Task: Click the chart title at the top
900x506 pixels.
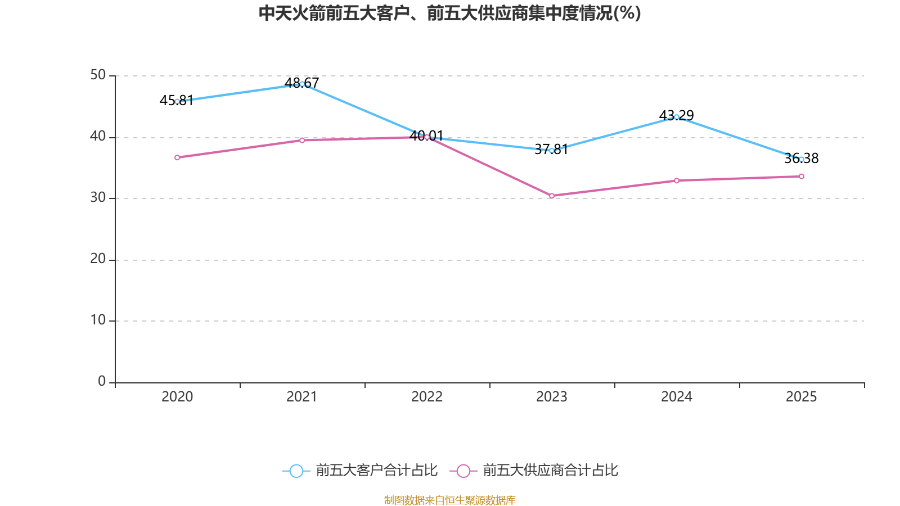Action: pos(449,13)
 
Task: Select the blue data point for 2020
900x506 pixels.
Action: pos(177,102)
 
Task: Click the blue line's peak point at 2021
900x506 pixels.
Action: pos(302,84)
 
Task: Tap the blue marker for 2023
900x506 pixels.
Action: pos(552,151)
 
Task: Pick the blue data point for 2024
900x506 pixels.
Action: pos(677,117)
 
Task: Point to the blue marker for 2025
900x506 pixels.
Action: pos(802,159)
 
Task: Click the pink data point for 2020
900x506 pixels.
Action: pos(177,157)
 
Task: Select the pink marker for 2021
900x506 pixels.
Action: pos(302,140)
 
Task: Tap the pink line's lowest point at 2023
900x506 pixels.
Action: pos(552,196)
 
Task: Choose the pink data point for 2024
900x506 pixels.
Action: pos(677,180)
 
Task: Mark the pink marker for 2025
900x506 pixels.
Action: pos(802,177)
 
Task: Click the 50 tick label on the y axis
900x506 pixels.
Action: pos(98,75)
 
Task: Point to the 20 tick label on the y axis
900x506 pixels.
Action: pos(98,259)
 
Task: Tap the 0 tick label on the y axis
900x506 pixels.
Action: pos(102,381)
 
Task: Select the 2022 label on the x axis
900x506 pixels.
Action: pos(427,397)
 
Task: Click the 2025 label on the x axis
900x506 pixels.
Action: pos(801,397)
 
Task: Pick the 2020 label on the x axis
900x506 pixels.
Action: pos(177,397)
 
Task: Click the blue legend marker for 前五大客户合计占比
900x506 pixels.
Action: pos(296,471)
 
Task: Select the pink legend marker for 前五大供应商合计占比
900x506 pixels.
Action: pos(463,471)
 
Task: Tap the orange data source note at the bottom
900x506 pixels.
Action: pos(449,500)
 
